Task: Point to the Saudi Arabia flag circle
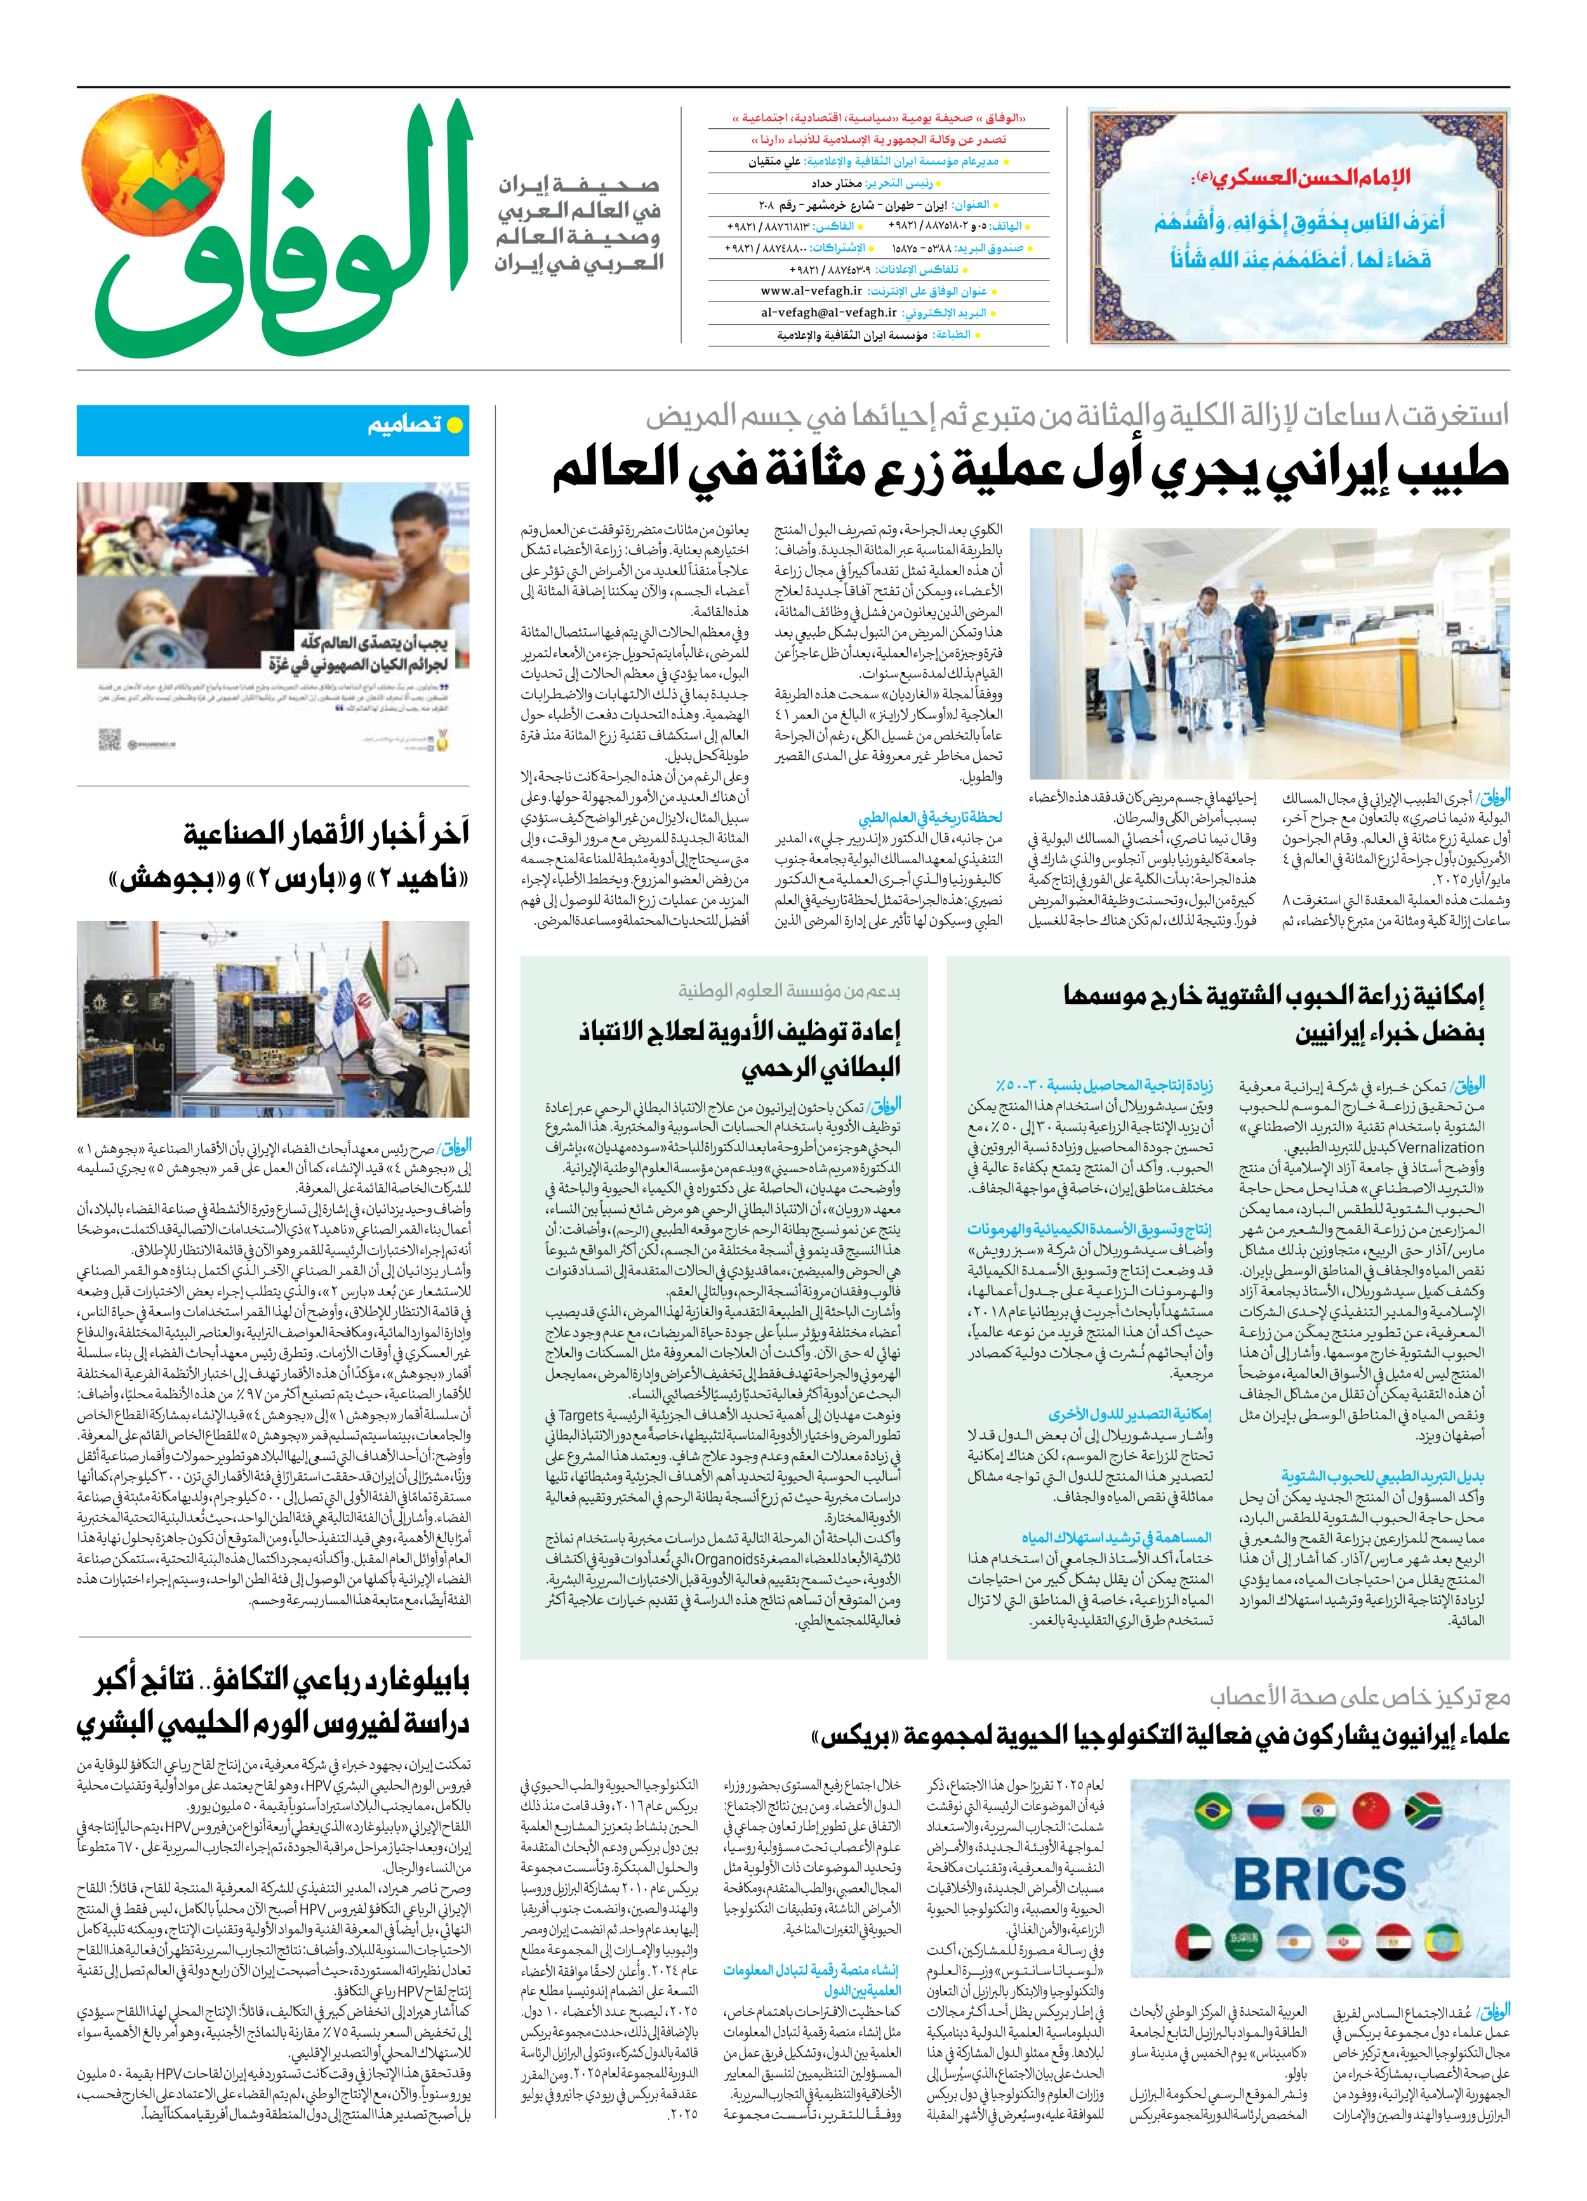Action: [1244, 1942]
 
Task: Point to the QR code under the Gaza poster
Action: [110, 741]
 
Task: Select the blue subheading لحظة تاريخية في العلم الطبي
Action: [930, 818]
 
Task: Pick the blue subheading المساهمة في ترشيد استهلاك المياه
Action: [1116, 1537]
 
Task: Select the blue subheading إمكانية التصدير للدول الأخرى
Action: [1130, 1414]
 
